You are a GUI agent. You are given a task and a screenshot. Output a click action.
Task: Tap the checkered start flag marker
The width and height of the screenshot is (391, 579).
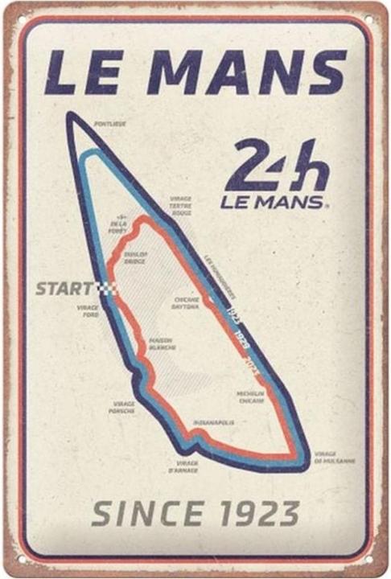point(107,288)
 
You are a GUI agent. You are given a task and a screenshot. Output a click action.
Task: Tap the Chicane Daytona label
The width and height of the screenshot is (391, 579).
point(187,303)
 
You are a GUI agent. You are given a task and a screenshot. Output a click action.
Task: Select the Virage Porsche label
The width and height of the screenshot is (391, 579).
point(123,407)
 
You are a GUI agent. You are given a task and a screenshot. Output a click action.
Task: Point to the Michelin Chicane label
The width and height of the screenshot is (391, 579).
point(251,396)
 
